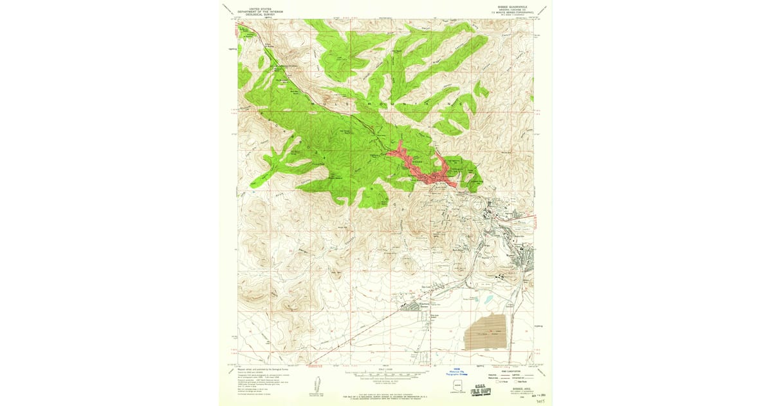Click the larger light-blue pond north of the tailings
(x=487, y=300)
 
